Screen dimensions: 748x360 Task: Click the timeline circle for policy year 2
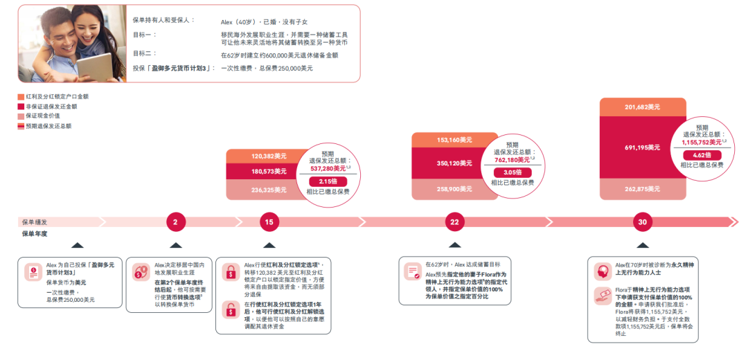[x=175, y=222]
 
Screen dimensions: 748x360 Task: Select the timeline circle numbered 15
[x=269, y=222]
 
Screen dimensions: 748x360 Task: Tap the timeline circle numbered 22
[x=454, y=222]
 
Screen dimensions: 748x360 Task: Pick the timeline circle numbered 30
[x=643, y=222]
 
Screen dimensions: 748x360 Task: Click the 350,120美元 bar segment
[x=454, y=163]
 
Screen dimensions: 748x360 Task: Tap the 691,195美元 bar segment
[x=642, y=147]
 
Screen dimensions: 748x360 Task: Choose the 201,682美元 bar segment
[x=642, y=107]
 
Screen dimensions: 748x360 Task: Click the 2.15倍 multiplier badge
[x=328, y=181]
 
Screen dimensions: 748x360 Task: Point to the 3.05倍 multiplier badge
[x=513, y=172]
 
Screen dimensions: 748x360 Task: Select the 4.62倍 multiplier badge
[x=702, y=155]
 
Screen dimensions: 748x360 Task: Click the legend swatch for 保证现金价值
[x=21, y=116]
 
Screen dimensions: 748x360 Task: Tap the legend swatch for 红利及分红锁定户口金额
[x=21, y=97]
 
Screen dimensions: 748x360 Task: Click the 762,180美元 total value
[x=514, y=160]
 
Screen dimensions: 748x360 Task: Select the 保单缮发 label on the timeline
[x=35, y=222]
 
